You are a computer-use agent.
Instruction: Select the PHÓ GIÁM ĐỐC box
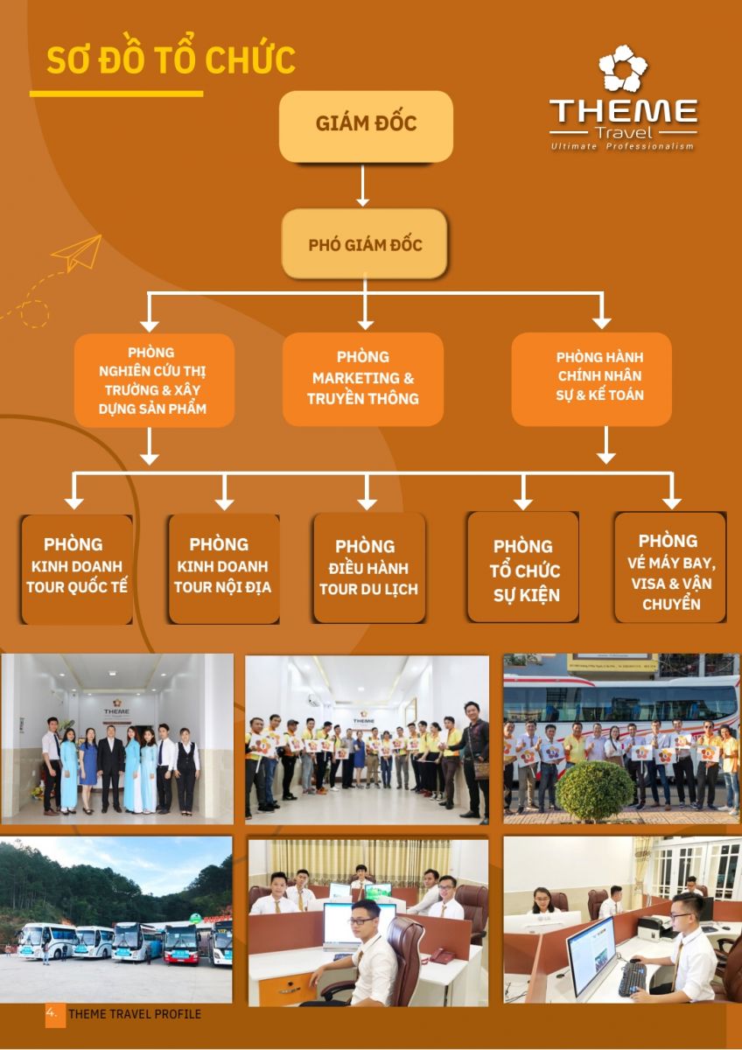pos(364,244)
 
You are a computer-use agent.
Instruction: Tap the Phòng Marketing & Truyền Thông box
pos(363,379)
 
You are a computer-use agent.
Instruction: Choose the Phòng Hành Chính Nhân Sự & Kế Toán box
pos(591,379)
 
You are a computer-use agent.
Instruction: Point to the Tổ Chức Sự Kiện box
pos(523,569)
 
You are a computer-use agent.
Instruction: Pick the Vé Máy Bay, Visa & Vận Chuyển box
pos(670,569)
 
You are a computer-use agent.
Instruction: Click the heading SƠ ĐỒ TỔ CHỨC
pos(171,61)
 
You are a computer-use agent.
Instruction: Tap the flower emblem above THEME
pos(623,69)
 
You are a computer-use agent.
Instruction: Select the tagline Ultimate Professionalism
pos(622,147)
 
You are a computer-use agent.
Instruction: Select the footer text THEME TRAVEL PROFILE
pos(135,1014)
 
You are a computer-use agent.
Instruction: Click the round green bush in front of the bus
pos(595,790)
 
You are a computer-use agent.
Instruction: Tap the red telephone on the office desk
pos(443,955)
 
